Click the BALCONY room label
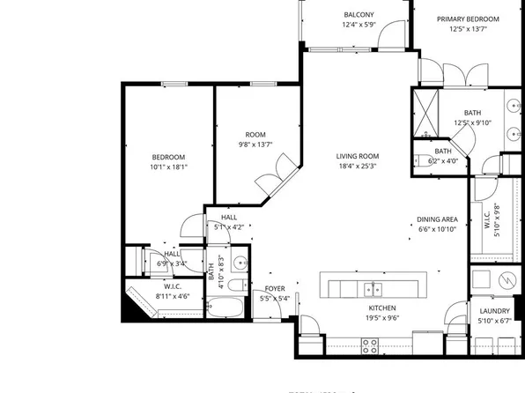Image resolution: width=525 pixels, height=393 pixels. (358, 15)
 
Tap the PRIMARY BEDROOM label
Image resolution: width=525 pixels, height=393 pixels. (469, 19)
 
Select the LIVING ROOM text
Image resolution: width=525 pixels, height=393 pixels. (357, 157)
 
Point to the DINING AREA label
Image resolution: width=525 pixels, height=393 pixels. (436, 219)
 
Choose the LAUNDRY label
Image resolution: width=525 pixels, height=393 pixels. (495, 311)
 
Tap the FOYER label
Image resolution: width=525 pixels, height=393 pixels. (275, 288)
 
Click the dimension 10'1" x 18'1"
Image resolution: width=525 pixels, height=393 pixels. (168, 167)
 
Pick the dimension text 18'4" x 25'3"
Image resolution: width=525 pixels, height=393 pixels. (357, 167)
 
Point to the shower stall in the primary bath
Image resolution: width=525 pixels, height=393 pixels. (429, 112)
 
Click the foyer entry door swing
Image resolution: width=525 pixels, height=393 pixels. (308, 324)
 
